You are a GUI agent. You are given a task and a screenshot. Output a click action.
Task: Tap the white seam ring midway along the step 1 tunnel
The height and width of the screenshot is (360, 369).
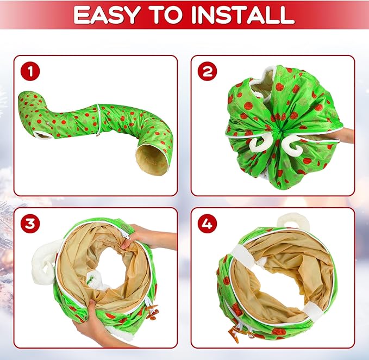pos(98,119)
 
